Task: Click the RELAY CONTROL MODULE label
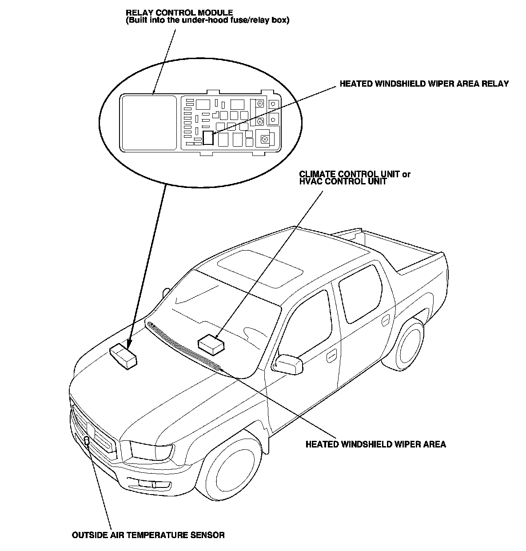pyautogui.click(x=179, y=13)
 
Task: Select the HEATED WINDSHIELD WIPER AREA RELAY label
pyautogui.click(x=424, y=84)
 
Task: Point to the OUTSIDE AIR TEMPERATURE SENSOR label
pyautogui.click(x=148, y=535)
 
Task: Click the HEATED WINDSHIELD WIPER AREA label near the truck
pyautogui.click(x=375, y=444)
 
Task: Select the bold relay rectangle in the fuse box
pyautogui.click(x=208, y=138)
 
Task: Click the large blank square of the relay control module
pyautogui.click(x=149, y=122)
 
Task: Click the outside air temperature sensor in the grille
pyautogui.click(x=87, y=441)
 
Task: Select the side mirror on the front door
pyautogui.click(x=289, y=363)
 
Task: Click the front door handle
pyautogui.click(x=331, y=356)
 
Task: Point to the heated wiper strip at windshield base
pyautogui.click(x=184, y=344)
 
